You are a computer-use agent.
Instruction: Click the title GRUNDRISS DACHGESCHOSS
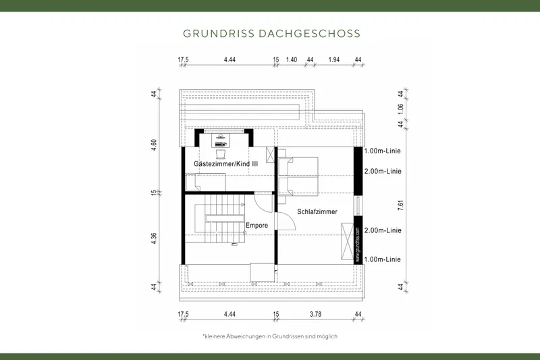pos(271,33)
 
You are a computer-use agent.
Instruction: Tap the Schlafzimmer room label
pos(317,212)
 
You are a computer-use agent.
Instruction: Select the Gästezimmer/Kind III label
pos(225,164)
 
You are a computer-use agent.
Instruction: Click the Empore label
pos(256,225)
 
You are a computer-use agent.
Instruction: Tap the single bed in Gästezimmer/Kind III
pos(206,181)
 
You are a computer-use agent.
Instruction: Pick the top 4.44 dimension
pos(230,60)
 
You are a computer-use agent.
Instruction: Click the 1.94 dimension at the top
pos(333,60)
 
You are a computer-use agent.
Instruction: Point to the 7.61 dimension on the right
pos(401,204)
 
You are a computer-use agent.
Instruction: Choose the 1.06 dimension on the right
pos(401,109)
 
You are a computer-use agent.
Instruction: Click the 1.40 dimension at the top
pos(292,60)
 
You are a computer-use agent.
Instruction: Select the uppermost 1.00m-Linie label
pos(383,151)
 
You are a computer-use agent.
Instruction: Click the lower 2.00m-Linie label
pos(383,230)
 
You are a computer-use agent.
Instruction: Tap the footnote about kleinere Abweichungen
pos(269,336)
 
